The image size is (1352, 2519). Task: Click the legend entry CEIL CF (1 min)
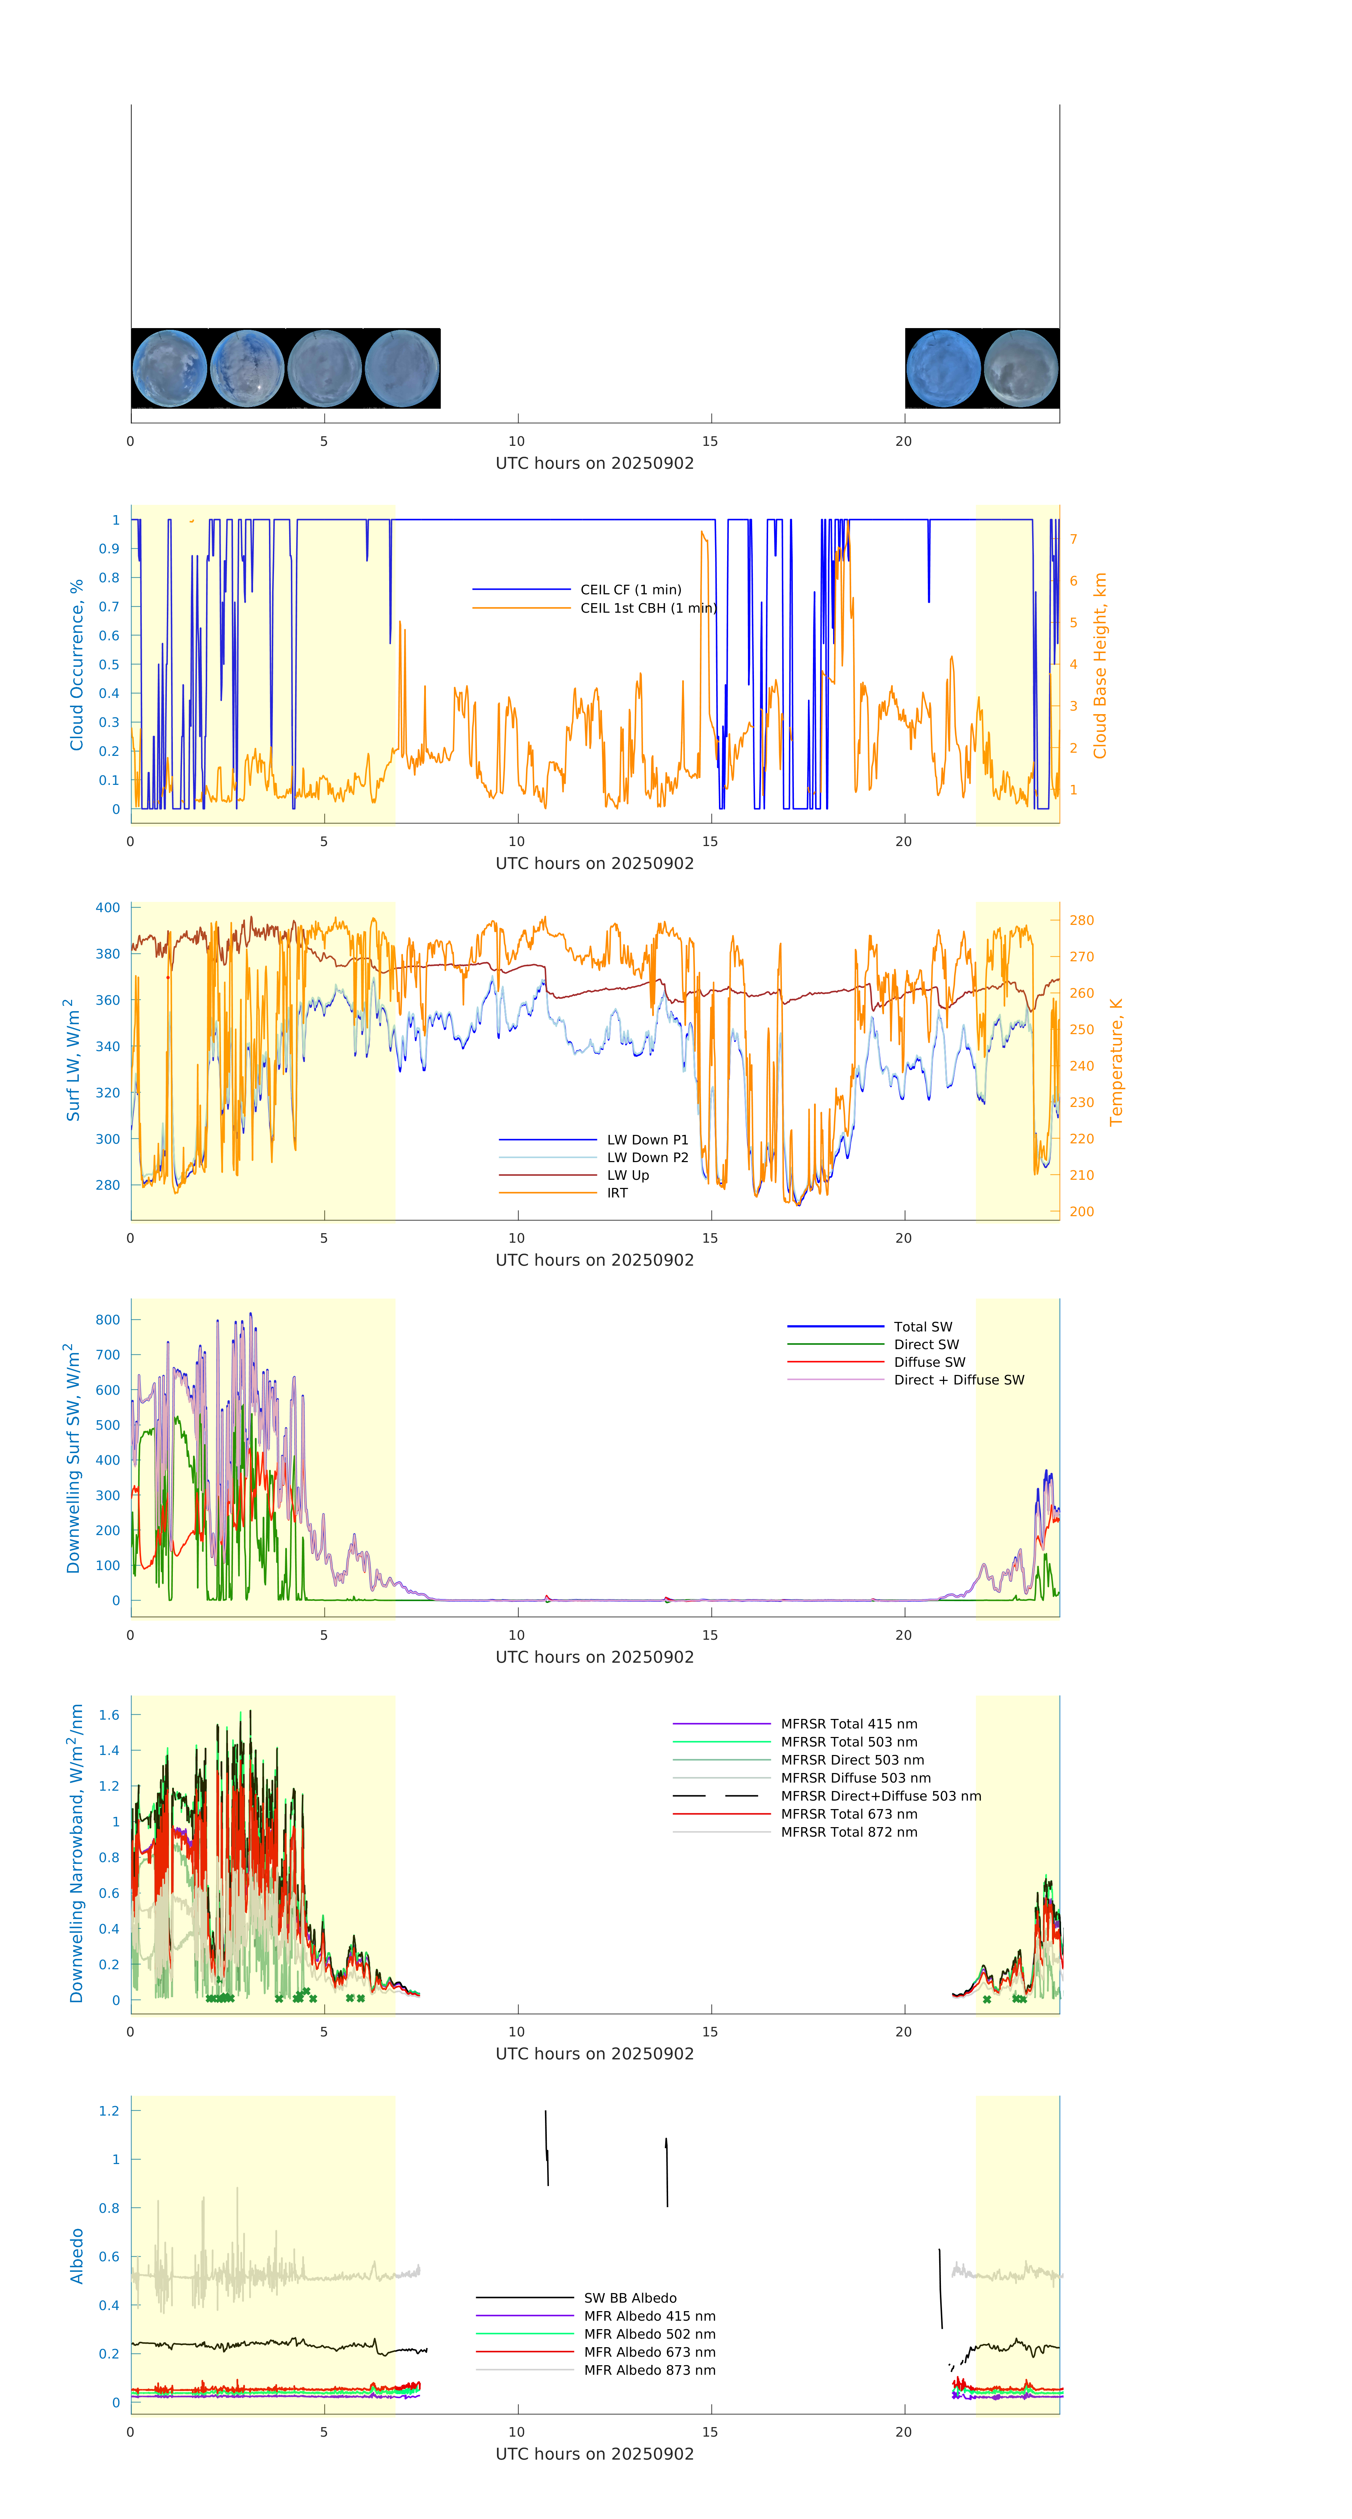631,590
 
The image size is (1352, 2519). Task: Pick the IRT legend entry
617,1193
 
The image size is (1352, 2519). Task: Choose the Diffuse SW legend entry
929,1362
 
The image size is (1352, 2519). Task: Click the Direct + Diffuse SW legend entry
958,1380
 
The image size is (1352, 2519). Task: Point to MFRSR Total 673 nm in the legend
849,1814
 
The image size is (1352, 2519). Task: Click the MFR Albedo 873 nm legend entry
649,2371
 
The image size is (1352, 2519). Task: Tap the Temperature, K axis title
1116,1062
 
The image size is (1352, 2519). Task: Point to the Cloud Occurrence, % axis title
76,665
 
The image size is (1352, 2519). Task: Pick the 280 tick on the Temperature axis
1081,920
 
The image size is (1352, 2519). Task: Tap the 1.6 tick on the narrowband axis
110,1715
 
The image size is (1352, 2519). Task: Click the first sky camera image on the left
169,369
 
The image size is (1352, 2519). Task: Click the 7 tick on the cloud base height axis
1073,539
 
